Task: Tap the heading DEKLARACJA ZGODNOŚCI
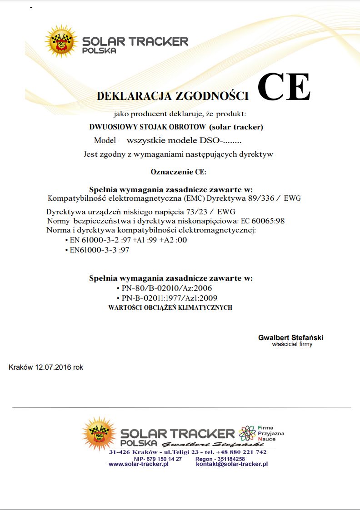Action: point(173,96)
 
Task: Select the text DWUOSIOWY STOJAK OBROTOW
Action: point(149,127)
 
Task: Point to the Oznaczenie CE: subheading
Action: point(178,172)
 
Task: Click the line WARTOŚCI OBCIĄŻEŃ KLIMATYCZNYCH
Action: point(170,307)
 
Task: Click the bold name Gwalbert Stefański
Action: point(291,338)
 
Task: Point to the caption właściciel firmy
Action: point(292,344)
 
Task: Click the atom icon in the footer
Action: point(247,433)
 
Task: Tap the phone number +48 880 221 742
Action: point(241,452)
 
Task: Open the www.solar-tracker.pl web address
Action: point(139,464)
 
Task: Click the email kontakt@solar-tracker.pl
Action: point(232,464)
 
